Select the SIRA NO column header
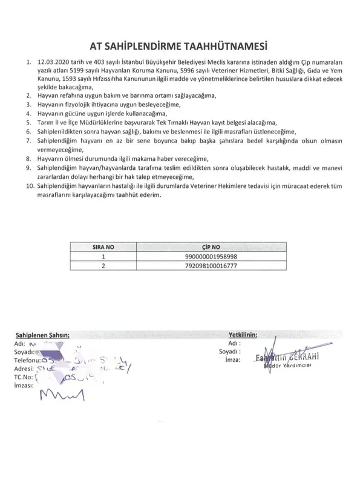(x=102, y=247)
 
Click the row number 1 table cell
(x=102, y=256)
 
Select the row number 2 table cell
(x=102, y=265)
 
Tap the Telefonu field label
(x=28, y=359)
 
